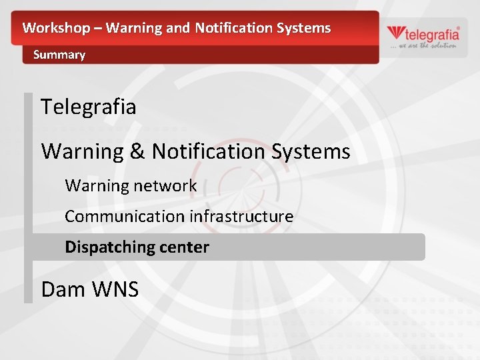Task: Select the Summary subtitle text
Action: (x=59, y=55)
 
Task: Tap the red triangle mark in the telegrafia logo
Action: (x=395, y=33)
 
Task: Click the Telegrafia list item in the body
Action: (x=89, y=107)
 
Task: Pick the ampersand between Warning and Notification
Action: (x=137, y=151)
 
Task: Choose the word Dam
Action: (x=63, y=289)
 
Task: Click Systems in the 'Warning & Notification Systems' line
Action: (x=311, y=151)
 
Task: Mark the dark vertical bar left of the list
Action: (x=28, y=197)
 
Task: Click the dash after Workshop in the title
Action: (x=97, y=28)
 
